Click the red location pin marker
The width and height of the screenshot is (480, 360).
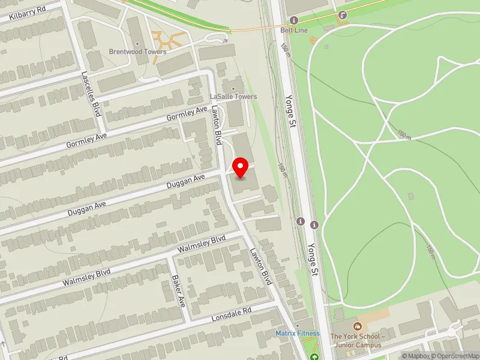coord(241,167)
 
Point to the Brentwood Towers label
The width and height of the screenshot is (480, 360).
coord(137,52)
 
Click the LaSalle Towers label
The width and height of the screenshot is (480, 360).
coord(233,97)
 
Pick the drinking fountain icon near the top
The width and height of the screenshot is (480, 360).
coord(342,15)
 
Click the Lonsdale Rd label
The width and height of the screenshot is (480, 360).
coord(232,315)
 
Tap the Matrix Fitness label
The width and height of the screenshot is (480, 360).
coord(298,333)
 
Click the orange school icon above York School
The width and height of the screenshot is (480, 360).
coord(358,326)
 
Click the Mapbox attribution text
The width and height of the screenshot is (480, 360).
coord(415,356)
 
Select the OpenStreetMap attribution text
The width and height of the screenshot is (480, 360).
coord(453,356)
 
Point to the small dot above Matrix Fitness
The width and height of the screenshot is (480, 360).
coord(298,325)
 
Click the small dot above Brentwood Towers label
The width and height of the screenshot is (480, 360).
coord(137,44)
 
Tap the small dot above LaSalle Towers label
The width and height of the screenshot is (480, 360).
coord(233,89)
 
